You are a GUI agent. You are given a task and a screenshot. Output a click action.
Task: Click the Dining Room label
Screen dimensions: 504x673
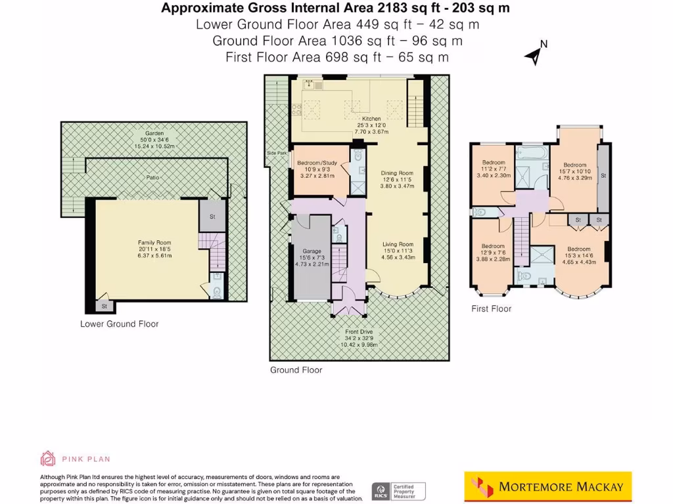tap(398, 174)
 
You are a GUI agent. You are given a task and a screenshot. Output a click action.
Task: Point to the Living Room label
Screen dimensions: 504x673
tap(398, 245)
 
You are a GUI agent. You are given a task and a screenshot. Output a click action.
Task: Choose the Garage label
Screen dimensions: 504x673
tap(311, 251)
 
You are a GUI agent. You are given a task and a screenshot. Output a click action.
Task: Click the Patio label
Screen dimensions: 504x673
tap(154, 178)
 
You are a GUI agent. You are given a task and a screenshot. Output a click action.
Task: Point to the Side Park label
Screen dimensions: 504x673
tap(277, 153)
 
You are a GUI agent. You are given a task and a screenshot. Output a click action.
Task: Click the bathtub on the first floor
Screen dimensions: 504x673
tap(532, 153)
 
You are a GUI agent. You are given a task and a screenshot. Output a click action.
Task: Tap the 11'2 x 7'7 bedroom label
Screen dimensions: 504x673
tap(493, 163)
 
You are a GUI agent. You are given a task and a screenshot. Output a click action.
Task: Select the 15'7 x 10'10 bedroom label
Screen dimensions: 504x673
tap(574, 165)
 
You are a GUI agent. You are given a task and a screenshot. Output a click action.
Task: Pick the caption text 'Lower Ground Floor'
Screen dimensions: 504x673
tap(119, 324)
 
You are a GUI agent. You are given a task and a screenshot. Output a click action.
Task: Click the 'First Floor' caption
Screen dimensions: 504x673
tap(491, 308)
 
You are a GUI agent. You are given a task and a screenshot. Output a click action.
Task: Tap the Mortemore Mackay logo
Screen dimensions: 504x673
tap(547, 487)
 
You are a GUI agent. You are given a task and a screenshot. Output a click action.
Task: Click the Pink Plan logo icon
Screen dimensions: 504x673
tap(48, 458)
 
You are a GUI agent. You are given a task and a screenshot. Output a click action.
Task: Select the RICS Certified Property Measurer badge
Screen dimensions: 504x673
tap(399, 490)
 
